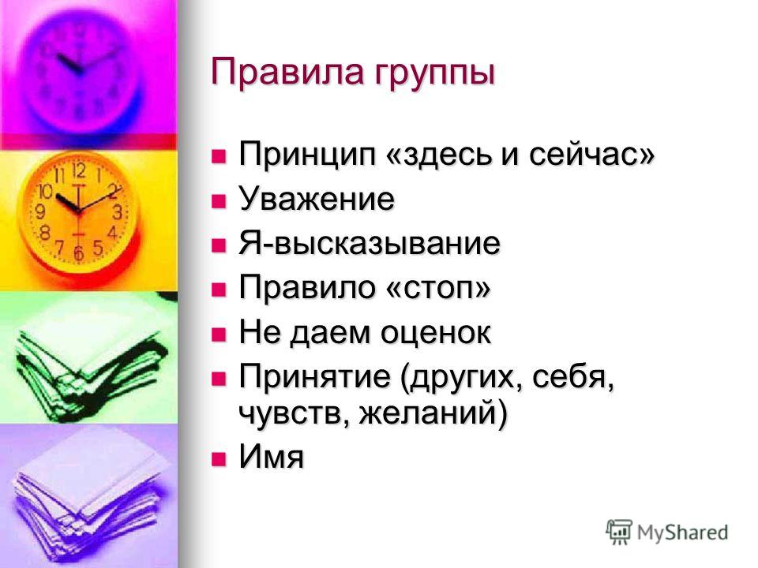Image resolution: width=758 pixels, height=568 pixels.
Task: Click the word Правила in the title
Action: point(288,72)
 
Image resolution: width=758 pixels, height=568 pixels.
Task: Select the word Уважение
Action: point(317,199)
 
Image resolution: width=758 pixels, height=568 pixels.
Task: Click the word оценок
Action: point(435,333)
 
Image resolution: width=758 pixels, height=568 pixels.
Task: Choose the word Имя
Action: point(271,456)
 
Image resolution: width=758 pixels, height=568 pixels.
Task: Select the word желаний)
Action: point(433,413)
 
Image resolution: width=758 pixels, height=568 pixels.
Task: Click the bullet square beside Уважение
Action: point(219,200)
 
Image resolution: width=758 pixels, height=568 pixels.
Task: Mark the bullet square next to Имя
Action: point(219,458)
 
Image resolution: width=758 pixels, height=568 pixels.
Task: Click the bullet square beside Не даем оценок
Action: point(219,334)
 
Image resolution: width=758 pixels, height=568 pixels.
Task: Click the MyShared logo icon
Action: point(619,532)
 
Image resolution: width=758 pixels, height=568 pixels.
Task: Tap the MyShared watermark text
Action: point(682,532)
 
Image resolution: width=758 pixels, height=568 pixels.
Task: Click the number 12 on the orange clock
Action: point(79,170)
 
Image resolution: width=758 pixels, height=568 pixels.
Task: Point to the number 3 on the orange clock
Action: point(117,212)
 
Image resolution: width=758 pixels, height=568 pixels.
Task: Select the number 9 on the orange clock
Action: point(40,211)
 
